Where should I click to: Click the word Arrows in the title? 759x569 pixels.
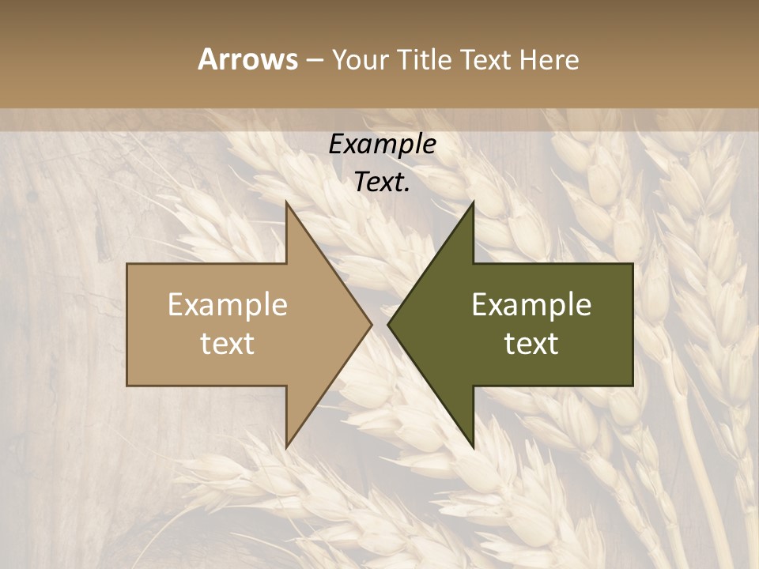247,59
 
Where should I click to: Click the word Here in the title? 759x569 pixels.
549,60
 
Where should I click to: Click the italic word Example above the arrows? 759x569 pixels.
382,145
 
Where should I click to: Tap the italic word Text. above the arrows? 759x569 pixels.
382,182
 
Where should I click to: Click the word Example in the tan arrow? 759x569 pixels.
227,305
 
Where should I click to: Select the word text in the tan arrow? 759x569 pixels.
227,344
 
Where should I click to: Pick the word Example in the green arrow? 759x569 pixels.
531,305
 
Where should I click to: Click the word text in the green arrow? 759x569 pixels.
531,344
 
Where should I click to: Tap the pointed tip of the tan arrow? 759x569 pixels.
371,324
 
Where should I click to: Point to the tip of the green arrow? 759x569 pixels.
389,324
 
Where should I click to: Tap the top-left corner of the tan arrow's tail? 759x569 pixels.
128,264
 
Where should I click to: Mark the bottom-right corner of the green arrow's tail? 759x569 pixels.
632,385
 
